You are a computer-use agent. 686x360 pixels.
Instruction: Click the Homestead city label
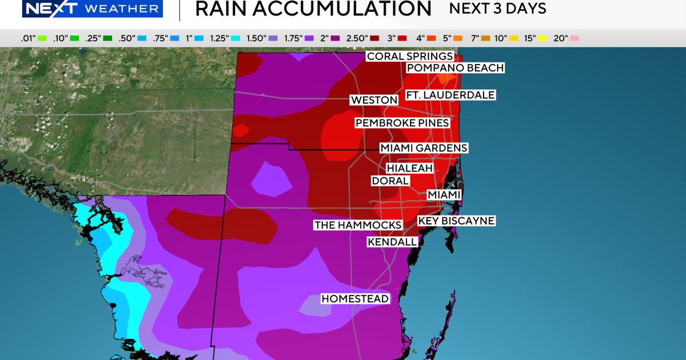coord(355,299)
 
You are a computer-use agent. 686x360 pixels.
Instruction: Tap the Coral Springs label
coord(410,56)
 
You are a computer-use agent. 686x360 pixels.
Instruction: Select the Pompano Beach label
coord(455,68)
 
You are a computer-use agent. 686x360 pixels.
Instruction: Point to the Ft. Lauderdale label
coord(450,95)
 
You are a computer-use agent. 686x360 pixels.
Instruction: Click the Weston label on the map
coord(374,100)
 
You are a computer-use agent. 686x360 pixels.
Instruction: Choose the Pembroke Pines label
coord(402,123)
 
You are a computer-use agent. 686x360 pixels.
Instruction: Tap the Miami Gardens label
coord(424,148)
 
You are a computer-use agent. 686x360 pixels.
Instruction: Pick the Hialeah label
coord(409,169)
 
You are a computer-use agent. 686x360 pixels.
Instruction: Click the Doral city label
coord(390,181)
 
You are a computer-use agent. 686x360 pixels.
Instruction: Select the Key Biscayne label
coord(456,221)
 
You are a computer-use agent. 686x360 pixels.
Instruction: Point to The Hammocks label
coord(358,225)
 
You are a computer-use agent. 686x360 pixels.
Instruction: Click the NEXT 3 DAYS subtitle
coord(497,9)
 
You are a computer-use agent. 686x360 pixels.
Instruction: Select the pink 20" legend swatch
coord(574,38)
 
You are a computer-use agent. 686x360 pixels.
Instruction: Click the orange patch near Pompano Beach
coord(450,78)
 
